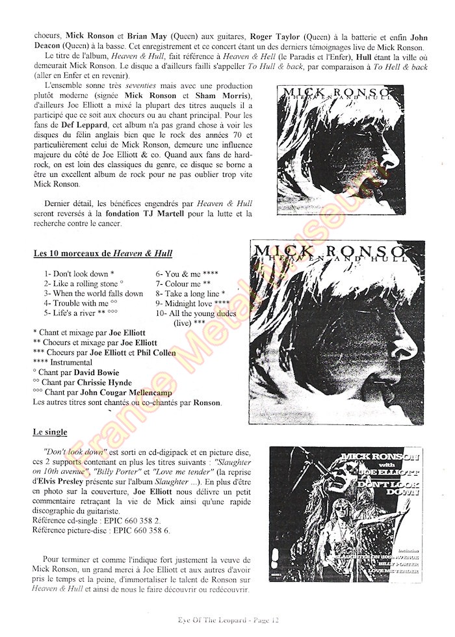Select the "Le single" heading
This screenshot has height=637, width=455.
click(51, 432)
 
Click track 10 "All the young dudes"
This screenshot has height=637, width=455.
click(196, 313)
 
